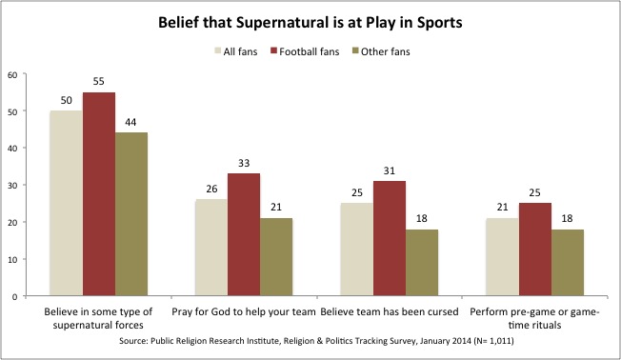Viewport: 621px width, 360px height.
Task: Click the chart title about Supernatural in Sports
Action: point(310,21)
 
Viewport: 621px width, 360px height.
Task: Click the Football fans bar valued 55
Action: point(98,194)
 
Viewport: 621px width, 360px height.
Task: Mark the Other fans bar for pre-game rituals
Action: point(567,263)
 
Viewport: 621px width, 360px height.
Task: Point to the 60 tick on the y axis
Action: point(10,73)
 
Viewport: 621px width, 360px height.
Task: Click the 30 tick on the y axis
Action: point(10,185)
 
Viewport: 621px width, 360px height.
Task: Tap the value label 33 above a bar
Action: point(243,164)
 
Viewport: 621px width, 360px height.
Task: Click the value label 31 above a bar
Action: point(389,171)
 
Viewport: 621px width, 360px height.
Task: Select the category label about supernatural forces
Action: point(98,319)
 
